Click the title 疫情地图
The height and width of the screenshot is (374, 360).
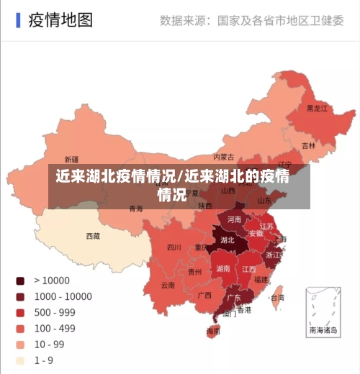point(60,19)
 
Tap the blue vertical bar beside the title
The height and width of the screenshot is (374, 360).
point(18,19)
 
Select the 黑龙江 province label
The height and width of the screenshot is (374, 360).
point(317,109)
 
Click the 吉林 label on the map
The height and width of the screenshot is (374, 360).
point(308,145)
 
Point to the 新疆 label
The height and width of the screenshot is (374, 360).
point(72,159)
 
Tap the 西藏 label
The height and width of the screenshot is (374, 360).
point(94,236)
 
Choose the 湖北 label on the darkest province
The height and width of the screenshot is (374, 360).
point(228,240)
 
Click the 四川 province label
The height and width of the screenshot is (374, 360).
point(174,247)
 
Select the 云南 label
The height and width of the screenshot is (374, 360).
point(168,285)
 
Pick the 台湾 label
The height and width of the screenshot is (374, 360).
point(276,297)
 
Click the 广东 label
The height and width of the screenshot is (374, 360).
point(234,297)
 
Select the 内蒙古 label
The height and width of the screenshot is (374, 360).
point(224,157)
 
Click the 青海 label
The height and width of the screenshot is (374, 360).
point(136,209)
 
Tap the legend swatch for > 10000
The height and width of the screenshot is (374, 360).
point(20,280)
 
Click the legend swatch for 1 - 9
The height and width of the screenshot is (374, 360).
point(20,360)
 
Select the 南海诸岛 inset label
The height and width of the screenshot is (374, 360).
point(323,331)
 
